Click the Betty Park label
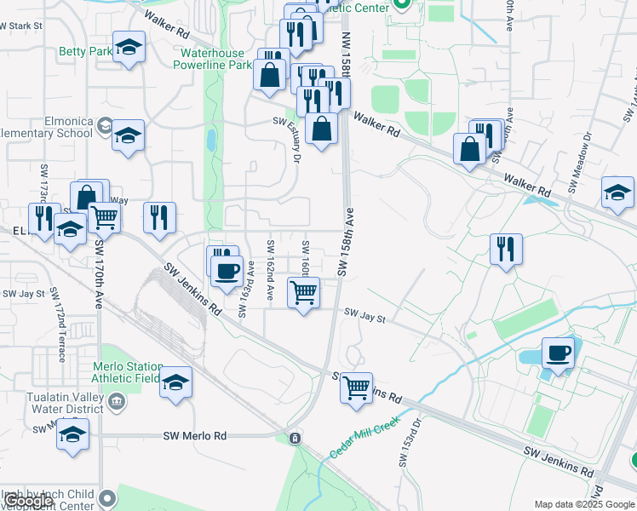pyautogui.click(x=85, y=52)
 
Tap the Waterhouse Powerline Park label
pyautogui.click(x=215, y=58)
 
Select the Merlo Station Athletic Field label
pyautogui.click(x=126, y=373)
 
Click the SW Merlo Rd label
pyautogui.click(x=195, y=435)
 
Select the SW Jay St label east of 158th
pyautogui.click(x=365, y=318)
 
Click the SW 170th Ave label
pyautogui.click(x=100, y=273)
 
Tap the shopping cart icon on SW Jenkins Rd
pyautogui.click(x=356, y=387)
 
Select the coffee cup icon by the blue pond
pyautogui.click(x=559, y=351)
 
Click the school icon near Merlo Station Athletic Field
pyautogui.click(x=176, y=382)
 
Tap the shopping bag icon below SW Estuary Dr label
pyautogui.click(x=322, y=129)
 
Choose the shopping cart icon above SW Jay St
pyautogui.click(x=304, y=293)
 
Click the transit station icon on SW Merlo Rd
pyautogui.click(x=295, y=439)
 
